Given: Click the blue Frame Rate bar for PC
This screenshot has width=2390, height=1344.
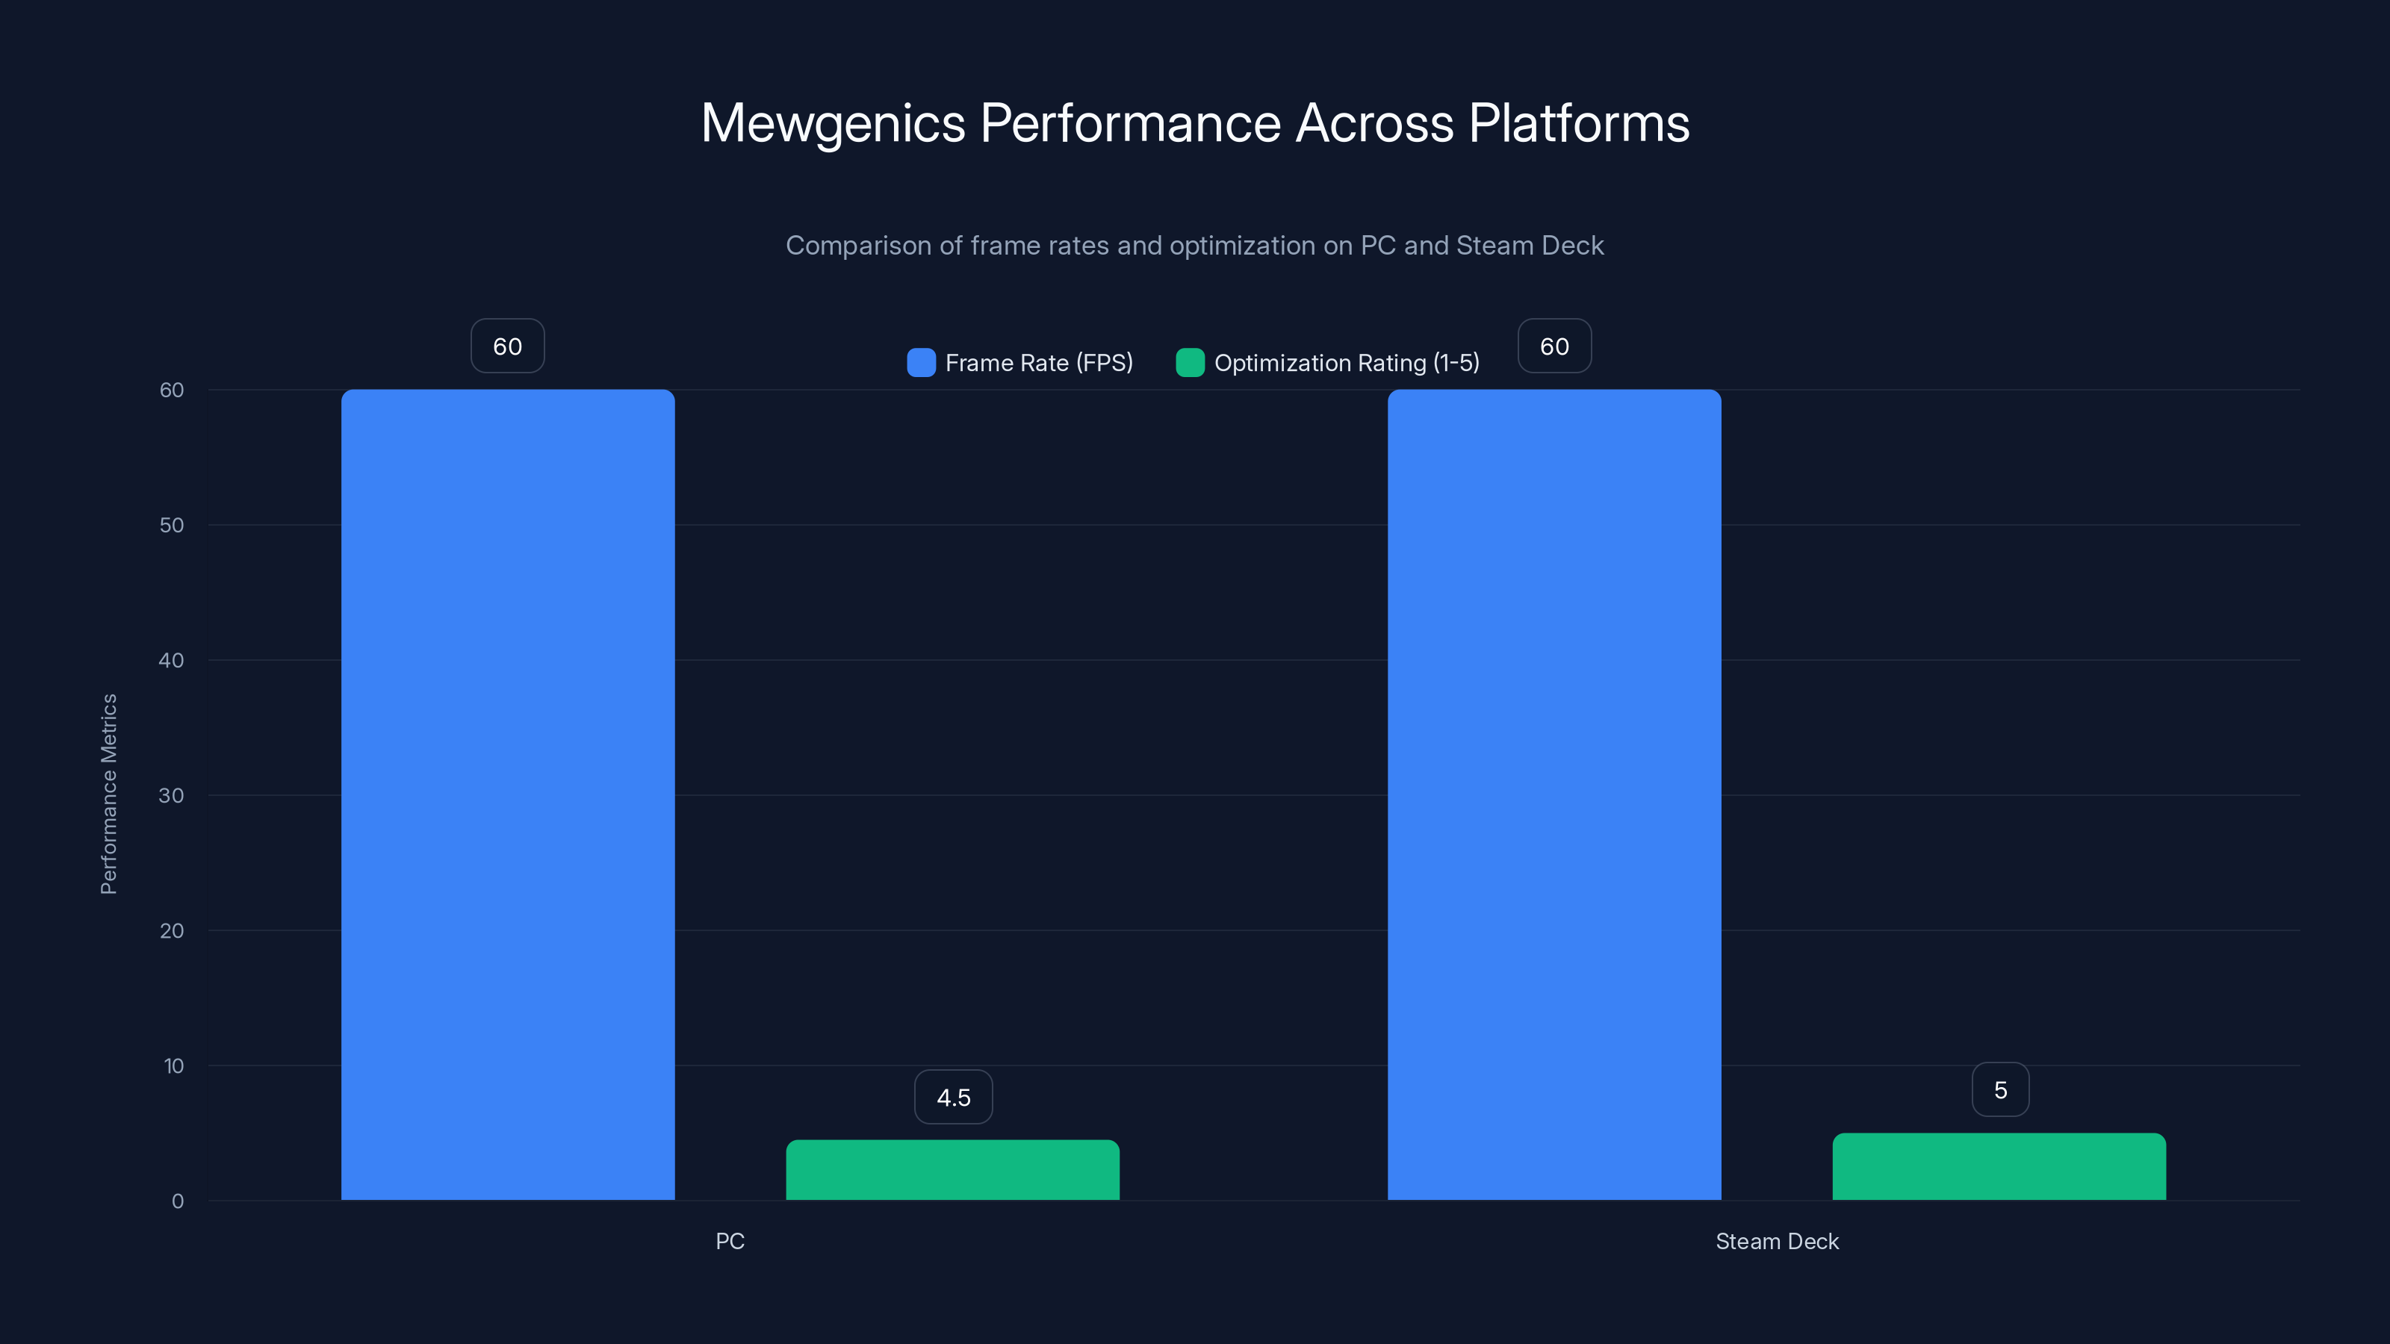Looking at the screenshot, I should pyautogui.click(x=508, y=795).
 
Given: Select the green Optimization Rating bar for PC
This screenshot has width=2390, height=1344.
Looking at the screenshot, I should pyautogui.click(x=953, y=1171).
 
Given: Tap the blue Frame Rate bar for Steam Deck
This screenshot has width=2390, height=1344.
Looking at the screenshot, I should pyautogui.click(x=1554, y=795).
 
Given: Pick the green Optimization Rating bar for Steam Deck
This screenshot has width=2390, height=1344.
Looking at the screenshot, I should pyautogui.click(x=1999, y=1167).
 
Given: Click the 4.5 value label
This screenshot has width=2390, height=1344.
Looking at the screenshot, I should pyautogui.click(x=953, y=1098).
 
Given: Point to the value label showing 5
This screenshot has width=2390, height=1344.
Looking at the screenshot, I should pyautogui.click(x=2000, y=1090).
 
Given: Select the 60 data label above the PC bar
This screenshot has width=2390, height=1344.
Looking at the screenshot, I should pyautogui.click(x=508, y=346).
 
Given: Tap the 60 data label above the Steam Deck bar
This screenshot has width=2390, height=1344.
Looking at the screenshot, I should pyautogui.click(x=1554, y=346).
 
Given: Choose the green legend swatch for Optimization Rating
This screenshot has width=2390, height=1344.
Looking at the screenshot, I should pyautogui.click(x=1190, y=363).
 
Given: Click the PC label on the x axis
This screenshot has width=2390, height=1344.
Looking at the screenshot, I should pyautogui.click(x=730, y=1241).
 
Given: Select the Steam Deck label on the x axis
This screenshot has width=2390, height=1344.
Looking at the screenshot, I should pyautogui.click(x=1777, y=1241).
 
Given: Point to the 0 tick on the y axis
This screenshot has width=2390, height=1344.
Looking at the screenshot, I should pyautogui.click(x=177, y=1201).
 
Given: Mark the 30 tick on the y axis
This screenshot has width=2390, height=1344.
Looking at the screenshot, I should pyautogui.click(x=172, y=796).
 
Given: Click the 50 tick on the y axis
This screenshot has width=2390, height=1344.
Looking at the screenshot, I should pyautogui.click(x=172, y=525).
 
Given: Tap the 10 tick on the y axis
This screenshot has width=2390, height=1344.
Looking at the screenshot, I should pyautogui.click(x=173, y=1065).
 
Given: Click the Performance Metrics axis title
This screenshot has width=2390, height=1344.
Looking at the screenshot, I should pyautogui.click(x=108, y=794).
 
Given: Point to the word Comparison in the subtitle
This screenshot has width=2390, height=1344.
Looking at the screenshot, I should pyautogui.click(x=858, y=246).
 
